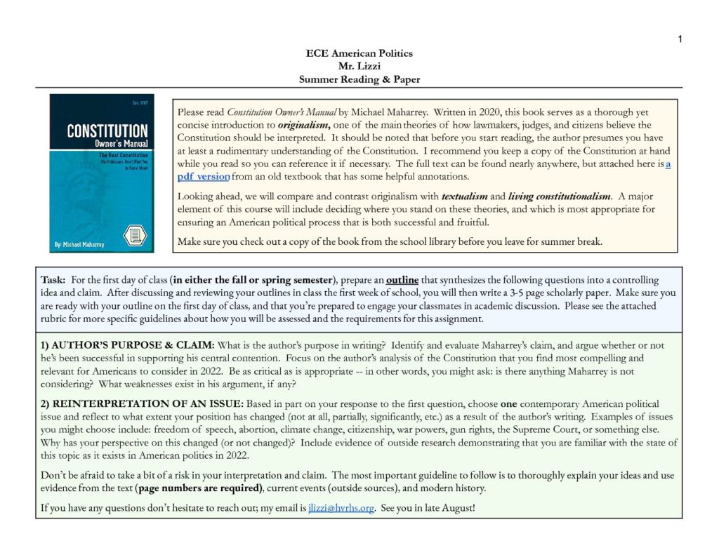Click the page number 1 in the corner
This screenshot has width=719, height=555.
680,39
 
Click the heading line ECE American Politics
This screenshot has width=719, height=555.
359,53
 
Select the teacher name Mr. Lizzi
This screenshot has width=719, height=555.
359,67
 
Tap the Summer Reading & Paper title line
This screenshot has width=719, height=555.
359,79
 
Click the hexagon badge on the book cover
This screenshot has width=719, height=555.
133,235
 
